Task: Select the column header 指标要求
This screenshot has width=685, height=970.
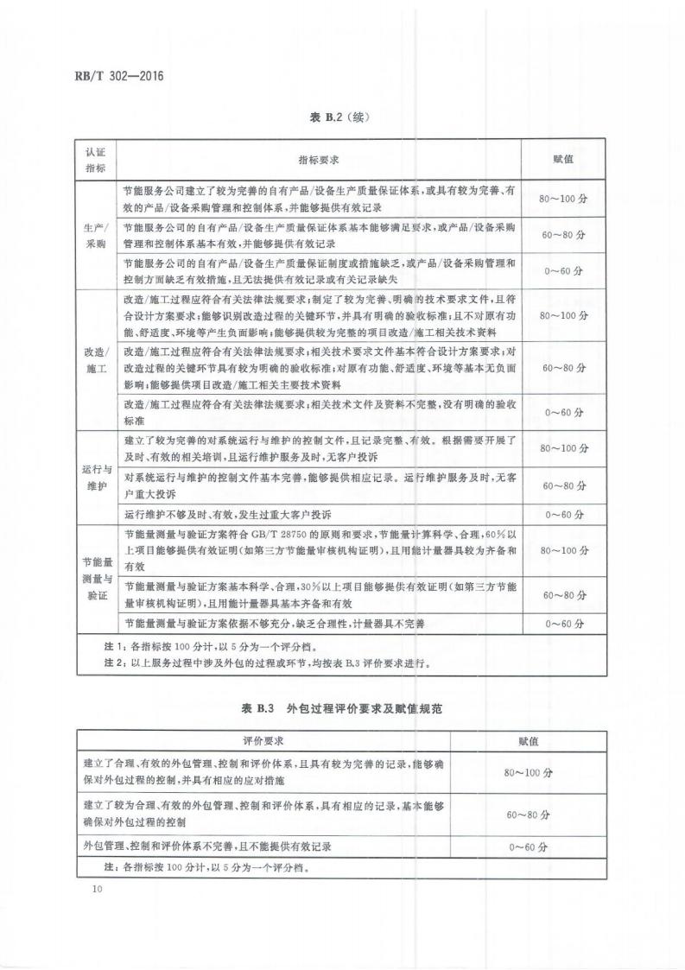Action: [x=318, y=161]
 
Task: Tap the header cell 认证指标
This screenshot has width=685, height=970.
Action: [x=95, y=161]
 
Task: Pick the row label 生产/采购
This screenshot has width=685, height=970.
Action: [x=95, y=236]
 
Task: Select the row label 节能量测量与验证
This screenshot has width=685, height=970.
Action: [x=95, y=579]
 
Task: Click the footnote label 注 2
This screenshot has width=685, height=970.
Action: [x=114, y=663]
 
